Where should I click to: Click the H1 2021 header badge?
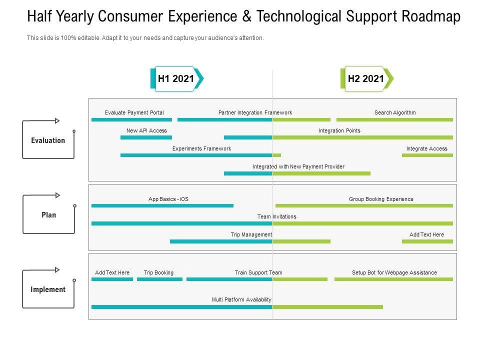click(176, 78)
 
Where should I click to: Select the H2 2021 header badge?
click(366, 78)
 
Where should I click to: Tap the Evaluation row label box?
click(48, 140)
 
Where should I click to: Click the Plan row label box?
click(48, 215)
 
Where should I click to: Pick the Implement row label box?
click(48, 289)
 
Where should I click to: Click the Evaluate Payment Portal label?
click(134, 112)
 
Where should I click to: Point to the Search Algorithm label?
click(395, 112)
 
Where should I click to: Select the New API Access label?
click(146, 130)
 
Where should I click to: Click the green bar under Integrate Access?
click(427, 155)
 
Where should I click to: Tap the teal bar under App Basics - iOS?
click(162, 205)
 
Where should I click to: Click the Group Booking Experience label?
click(381, 199)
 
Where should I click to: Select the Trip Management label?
click(251, 234)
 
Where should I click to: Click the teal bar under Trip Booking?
click(159, 279)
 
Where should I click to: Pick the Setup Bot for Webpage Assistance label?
click(394, 272)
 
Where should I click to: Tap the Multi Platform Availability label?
click(241, 299)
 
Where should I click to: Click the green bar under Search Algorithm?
click(394, 119)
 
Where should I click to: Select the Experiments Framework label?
click(201, 148)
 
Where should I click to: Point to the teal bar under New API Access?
click(146, 137)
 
